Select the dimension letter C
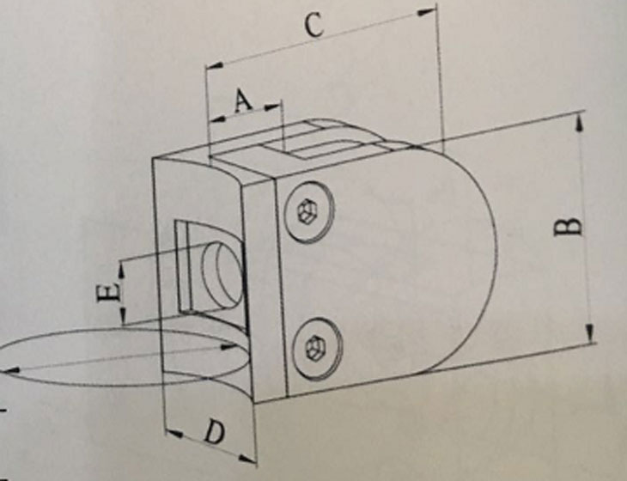[314, 27]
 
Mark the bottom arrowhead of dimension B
[591, 336]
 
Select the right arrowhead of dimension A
[277, 107]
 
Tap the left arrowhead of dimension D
[167, 428]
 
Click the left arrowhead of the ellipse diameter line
[7, 370]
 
